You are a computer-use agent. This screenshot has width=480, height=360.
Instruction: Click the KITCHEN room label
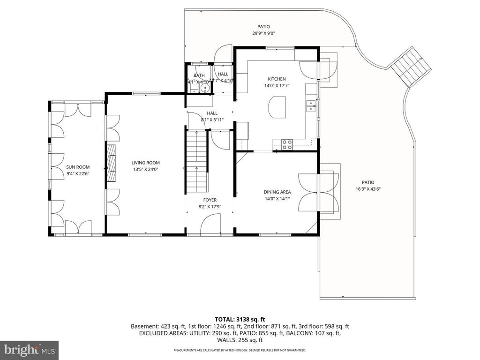coord(277,79)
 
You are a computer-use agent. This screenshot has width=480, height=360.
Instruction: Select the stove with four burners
coord(286,145)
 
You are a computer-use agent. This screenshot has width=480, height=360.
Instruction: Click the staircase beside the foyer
coord(195,162)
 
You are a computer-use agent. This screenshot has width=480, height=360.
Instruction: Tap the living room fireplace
coord(112,163)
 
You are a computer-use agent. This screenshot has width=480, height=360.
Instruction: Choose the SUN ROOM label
coord(78,167)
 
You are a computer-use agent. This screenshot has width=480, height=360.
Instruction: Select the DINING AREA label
coord(277,192)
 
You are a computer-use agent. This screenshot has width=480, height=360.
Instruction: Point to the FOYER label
coord(210,200)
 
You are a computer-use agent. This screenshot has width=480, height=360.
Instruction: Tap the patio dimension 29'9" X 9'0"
coord(263,33)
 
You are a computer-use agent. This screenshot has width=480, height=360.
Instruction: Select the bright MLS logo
coord(29,350)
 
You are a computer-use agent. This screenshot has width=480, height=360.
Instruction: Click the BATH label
coord(199,75)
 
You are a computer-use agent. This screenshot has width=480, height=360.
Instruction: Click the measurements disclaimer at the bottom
coord(240,350)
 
